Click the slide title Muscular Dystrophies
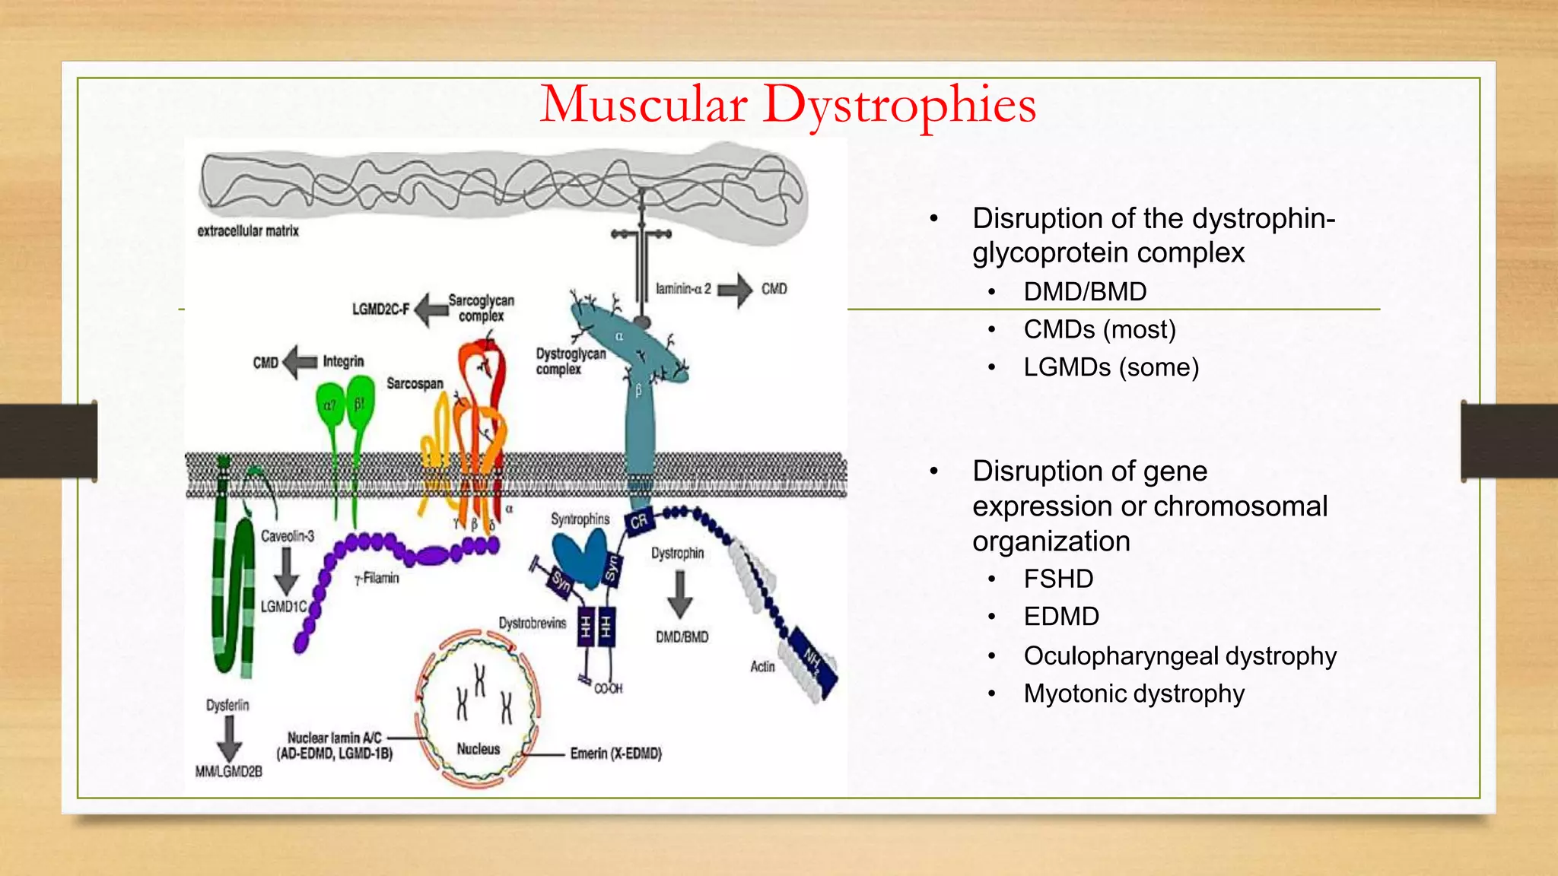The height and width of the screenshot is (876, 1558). (x=787, y=105)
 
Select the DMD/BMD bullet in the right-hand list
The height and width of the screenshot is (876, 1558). (x=1085, y=292)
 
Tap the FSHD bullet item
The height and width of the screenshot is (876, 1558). (x=1058, y=579)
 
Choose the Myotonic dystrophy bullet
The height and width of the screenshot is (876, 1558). (x=1134, y=694)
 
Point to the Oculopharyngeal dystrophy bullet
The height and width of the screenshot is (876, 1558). (x=1179, y=656)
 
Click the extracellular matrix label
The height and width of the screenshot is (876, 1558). (x=248, y=231)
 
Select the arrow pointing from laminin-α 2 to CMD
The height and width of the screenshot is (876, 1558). (x=735, y=290)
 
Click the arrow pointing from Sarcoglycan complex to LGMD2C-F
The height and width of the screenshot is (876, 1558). (x=431, y=309)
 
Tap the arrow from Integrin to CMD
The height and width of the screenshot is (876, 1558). (x=300, y=362)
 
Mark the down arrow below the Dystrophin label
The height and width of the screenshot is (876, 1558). (x=680, y=594)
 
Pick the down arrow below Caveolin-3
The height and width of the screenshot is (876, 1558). (x=286, y=571)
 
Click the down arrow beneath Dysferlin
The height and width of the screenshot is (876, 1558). (x=228, y=738)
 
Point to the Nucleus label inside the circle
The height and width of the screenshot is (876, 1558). (x=478, y=749)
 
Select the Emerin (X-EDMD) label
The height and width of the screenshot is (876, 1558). (x=615, y=754)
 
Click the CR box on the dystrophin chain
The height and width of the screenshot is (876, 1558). (x=638, y=521)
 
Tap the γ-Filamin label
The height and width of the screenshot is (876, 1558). (x=377, y=579)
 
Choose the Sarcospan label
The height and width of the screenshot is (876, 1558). (x=415, y=384)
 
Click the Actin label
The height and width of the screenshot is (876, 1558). (x=762, y=667)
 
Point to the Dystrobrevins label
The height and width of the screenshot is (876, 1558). (x=533, y=624)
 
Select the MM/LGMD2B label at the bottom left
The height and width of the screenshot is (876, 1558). (x=228, y=772)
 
